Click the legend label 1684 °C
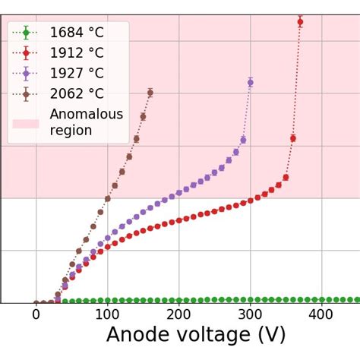pyautogui.click(x=76, y=33)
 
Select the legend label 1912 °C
pyautogui.click(x=76, y=53)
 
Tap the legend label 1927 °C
pyautogui.click(x=76, y=74)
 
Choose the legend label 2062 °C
pyautogui.click(x=76, y=94)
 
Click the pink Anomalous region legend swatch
pyautogui.click(x=26, y=123)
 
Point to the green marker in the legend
pyautogui.click(x=26, y=33)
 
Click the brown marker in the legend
pyautogui.click(x=26, y=94)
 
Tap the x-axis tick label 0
pyautogui.click(x=36, y=315)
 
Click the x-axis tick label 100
pyautogui.click(x=107, y=315)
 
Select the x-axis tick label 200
pyautogui.click(x=178, y=315)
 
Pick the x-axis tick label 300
pyautogui.click(x=250, y=315)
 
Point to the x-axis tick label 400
pyautogui.click(x=321, y=315)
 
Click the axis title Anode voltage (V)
pyautogui.click(x=196, y=336)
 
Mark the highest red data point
pyautogui.click(x=300, y=21)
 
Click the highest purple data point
pyautogui.click(x=250, y=82)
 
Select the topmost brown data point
pyautogui.click(x=150, y=93)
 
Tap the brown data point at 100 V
pyautogui.click(x=107, y=199)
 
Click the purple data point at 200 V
pyautogui.click(x=178, y=192)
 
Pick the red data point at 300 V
pyautogui.click(x=250, y=201)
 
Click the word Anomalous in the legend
pyautogui.click(x=86, y=115)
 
